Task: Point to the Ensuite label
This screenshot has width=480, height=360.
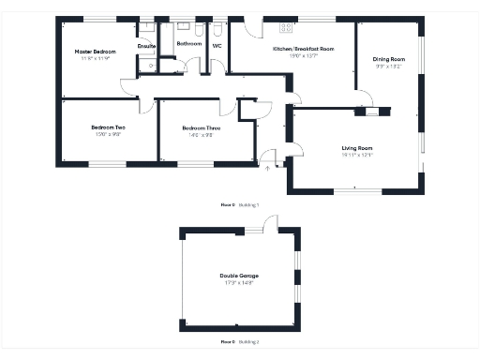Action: tap(146, 45)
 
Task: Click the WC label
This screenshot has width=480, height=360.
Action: tap(217, 44)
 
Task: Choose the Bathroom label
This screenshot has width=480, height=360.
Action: tap(189, 43)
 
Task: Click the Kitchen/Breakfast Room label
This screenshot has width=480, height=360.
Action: tap(302, 48)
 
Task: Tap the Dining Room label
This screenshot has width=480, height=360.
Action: tap(389, 58)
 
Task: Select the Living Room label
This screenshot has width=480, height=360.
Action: tap(357, 147)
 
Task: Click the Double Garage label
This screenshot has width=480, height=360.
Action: tap(239, 275)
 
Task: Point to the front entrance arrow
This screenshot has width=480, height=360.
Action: tap(267, 169)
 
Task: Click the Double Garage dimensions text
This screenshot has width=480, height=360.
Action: tap(239, 282)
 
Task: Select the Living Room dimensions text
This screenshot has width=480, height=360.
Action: tap(357, 155)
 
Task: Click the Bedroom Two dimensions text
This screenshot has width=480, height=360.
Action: tap(108, 134)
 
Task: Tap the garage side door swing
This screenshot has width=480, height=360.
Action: tap(270, 222)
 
